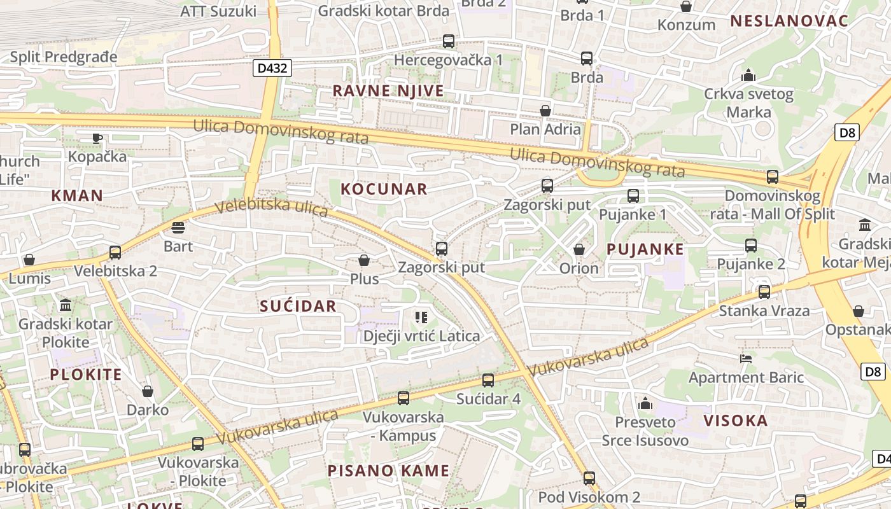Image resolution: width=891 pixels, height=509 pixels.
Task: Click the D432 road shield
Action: [272, 68]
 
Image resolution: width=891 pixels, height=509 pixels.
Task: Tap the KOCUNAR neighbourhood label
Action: [384, 189]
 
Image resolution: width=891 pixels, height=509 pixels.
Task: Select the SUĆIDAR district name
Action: [298, 306]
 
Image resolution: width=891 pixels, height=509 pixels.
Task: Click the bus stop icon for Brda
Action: [587, 59]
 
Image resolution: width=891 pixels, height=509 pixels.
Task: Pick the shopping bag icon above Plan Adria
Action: [545, 111]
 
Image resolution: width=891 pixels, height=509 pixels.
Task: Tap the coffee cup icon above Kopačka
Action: [97, 137]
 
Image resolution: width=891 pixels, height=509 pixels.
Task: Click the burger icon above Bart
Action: [178, 228]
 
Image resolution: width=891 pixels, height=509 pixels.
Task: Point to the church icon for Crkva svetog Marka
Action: [748, 76]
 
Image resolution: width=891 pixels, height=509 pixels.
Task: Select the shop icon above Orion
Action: [579, 249]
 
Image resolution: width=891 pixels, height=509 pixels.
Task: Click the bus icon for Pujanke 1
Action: [633, 196]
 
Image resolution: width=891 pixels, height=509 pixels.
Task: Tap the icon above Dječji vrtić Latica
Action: [421, 317]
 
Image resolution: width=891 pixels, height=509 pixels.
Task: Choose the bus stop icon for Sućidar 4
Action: [488, 380]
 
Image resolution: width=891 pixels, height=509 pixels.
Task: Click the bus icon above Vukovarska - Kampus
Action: [403, 398]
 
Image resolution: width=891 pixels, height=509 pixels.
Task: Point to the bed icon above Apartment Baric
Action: [746, 359]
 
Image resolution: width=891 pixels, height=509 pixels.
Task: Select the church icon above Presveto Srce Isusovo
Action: [645, 403]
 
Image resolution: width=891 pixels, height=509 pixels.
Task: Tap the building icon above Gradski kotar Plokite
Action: [66, 305]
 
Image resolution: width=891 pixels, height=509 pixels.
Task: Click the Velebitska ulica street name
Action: [272, 208]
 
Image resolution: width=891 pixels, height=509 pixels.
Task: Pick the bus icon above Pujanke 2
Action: [751, 245]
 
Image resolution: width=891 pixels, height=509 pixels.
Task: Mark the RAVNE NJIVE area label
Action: [388, 91]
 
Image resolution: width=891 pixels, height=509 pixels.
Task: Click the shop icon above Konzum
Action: [686, 7]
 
